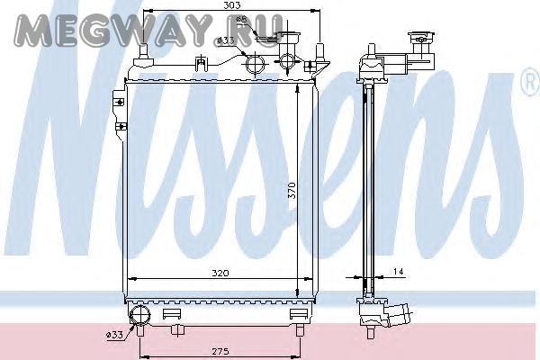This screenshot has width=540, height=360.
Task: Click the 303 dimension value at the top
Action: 232,5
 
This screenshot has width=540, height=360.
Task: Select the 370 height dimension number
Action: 292,190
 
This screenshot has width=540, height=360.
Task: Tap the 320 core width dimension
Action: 220,274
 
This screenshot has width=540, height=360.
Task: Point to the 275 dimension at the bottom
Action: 220,351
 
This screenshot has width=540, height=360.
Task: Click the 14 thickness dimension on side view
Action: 398,272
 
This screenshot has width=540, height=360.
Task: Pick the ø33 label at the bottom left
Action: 114,335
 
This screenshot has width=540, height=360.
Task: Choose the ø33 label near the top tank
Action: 226,40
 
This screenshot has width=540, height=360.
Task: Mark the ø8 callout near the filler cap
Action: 242,20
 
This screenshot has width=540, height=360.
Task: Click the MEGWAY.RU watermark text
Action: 148,31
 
